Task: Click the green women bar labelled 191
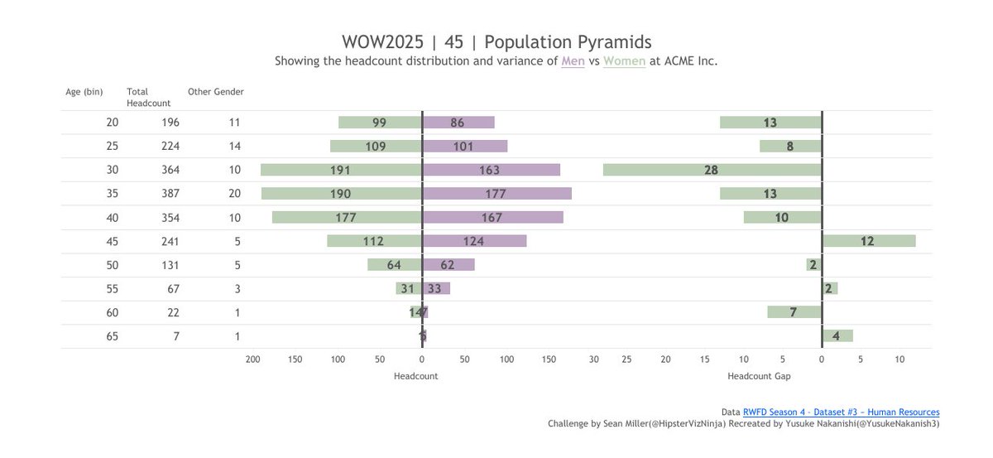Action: click(341, 170)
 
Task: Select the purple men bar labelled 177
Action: click(496, 194)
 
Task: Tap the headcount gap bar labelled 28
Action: click(712, 170)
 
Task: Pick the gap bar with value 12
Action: click(868, 241)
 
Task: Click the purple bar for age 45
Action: click(474, 241)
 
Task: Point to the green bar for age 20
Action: click(380, 123)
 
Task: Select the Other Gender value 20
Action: click(234, 194)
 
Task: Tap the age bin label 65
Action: click(113, 336)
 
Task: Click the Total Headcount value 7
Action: click(176, 336)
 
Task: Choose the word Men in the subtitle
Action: click(573, 61)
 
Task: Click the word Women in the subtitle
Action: click(624, 61)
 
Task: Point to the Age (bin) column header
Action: click(84, 92)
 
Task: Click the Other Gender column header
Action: click(216, 92)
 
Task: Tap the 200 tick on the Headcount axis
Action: click(252, 359)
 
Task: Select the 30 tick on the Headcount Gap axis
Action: click(594, 359)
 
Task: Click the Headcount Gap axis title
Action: click(759, 376)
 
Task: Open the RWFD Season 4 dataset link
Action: click(841, 412)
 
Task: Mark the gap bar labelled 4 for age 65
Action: click(837, 336)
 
